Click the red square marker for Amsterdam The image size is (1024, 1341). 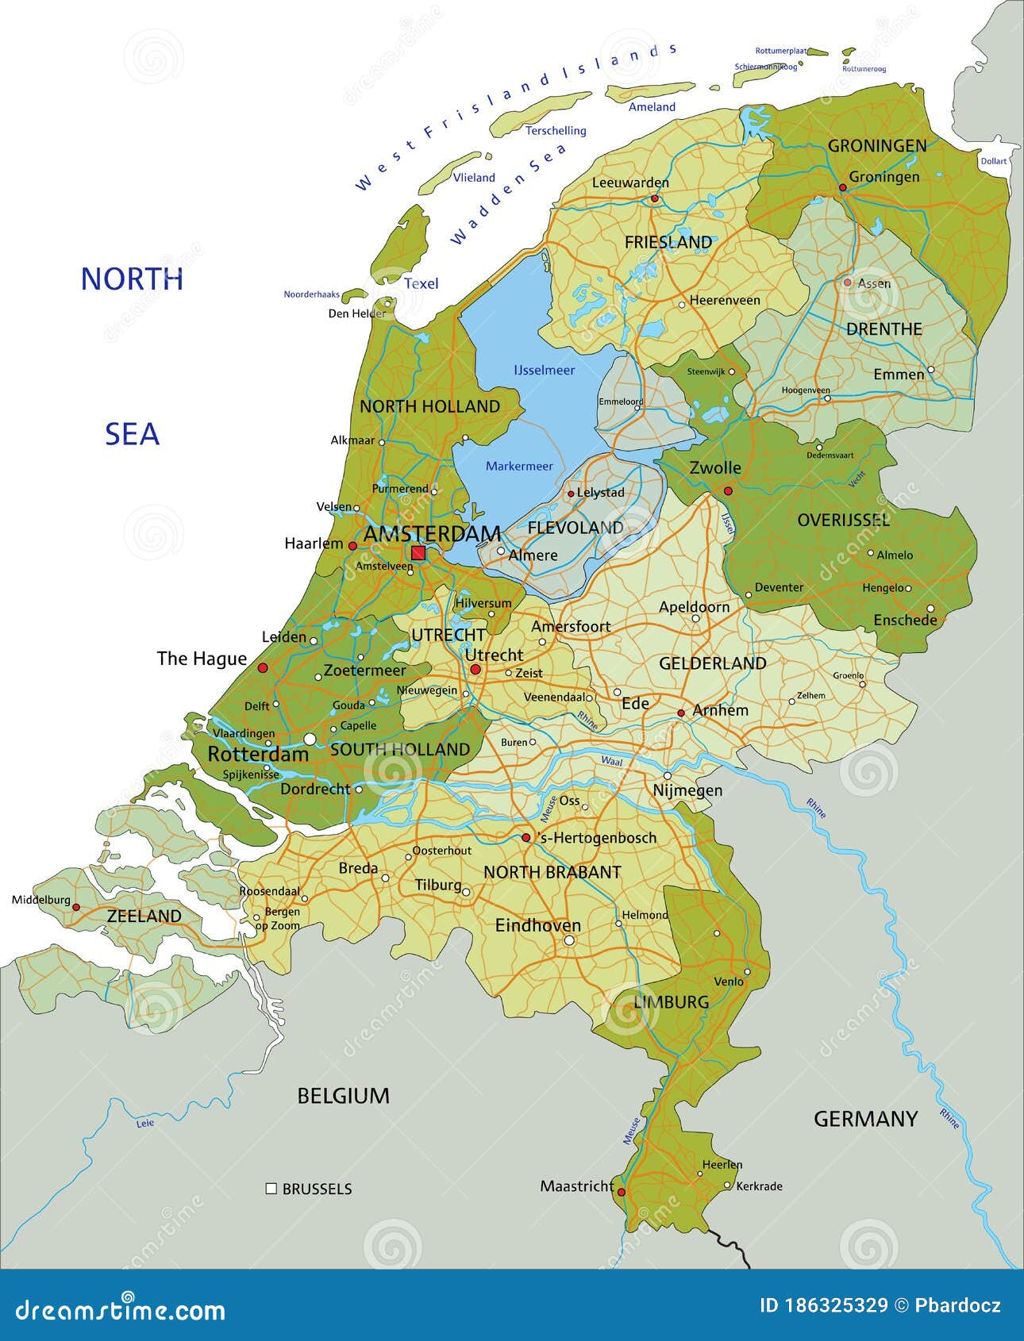click(418, 553)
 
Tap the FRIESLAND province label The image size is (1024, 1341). click(668, 242)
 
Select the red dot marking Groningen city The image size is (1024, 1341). click(843, 188)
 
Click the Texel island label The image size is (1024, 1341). click(421, 283)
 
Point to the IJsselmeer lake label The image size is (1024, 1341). click(544, 370)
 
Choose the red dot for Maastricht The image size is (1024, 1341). click(622, 1192)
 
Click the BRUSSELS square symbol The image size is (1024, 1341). click(271, 1189)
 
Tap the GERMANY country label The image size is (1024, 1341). click(865, 1119)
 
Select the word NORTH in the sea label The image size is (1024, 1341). click(132, 279)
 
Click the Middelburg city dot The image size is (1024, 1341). click(77, 906)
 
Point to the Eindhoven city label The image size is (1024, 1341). click(538, 925)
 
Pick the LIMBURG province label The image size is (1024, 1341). click(671, 1002)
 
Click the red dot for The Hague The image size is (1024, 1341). click(263, 668)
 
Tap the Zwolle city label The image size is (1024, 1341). click(714, 467)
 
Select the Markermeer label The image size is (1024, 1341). click(519, 466)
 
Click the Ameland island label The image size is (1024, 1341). click(652, 106)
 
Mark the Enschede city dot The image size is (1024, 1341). click(930, 609)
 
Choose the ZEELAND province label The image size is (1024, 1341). click(144, 916)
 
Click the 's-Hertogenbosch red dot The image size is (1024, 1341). click(525, 837)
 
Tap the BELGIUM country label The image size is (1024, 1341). click(343, 1096)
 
